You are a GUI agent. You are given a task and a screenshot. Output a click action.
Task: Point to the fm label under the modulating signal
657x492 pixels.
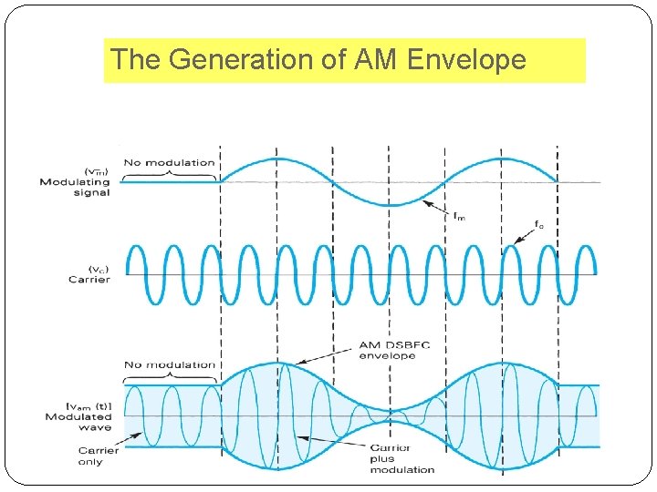tap(462, 216)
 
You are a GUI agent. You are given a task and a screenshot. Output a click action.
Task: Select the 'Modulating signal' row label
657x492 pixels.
tap(75, 188)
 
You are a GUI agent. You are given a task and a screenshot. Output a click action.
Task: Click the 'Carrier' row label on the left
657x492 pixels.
tap(89, 280)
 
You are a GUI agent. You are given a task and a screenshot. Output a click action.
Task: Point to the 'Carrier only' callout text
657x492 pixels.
tap(97, 456)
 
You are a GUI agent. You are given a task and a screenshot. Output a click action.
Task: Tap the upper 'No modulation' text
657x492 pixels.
tap(169, 163)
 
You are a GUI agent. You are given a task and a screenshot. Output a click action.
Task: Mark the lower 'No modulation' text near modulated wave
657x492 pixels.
tap(170, 364)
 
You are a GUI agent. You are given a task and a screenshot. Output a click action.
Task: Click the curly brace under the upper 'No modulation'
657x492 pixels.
tap(170, 173)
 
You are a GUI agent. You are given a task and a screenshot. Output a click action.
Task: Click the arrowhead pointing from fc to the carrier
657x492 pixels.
tap(517, 241)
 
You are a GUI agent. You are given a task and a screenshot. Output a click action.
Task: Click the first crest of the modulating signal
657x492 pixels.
tap(278, 158)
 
